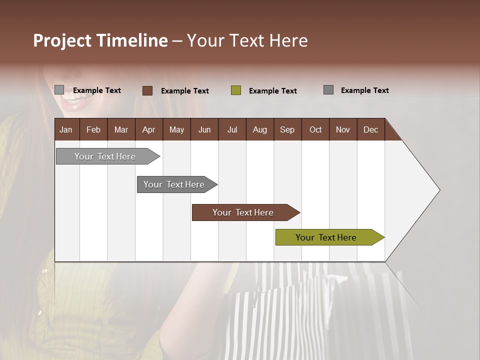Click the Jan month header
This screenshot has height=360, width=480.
coord(66,129)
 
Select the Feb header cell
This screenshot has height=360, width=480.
coord(93,129)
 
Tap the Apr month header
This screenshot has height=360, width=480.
coord(148,129)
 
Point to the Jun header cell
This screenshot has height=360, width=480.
coord(204,129)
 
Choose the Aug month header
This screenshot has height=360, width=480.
coord(259,129)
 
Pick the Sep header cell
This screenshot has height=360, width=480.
coord(287,129)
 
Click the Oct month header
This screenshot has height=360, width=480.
coord(315,129)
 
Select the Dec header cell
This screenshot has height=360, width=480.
coord(370,129)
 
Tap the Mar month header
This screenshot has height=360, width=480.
coord(121,129)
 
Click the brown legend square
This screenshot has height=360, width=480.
coord(147,90)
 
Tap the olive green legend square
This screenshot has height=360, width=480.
coord(236,90)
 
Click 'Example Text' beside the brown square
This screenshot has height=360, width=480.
coord(184,91)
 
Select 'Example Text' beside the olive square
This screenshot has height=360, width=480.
coord(272,91)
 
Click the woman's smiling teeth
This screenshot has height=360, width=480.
coord(75,102)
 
